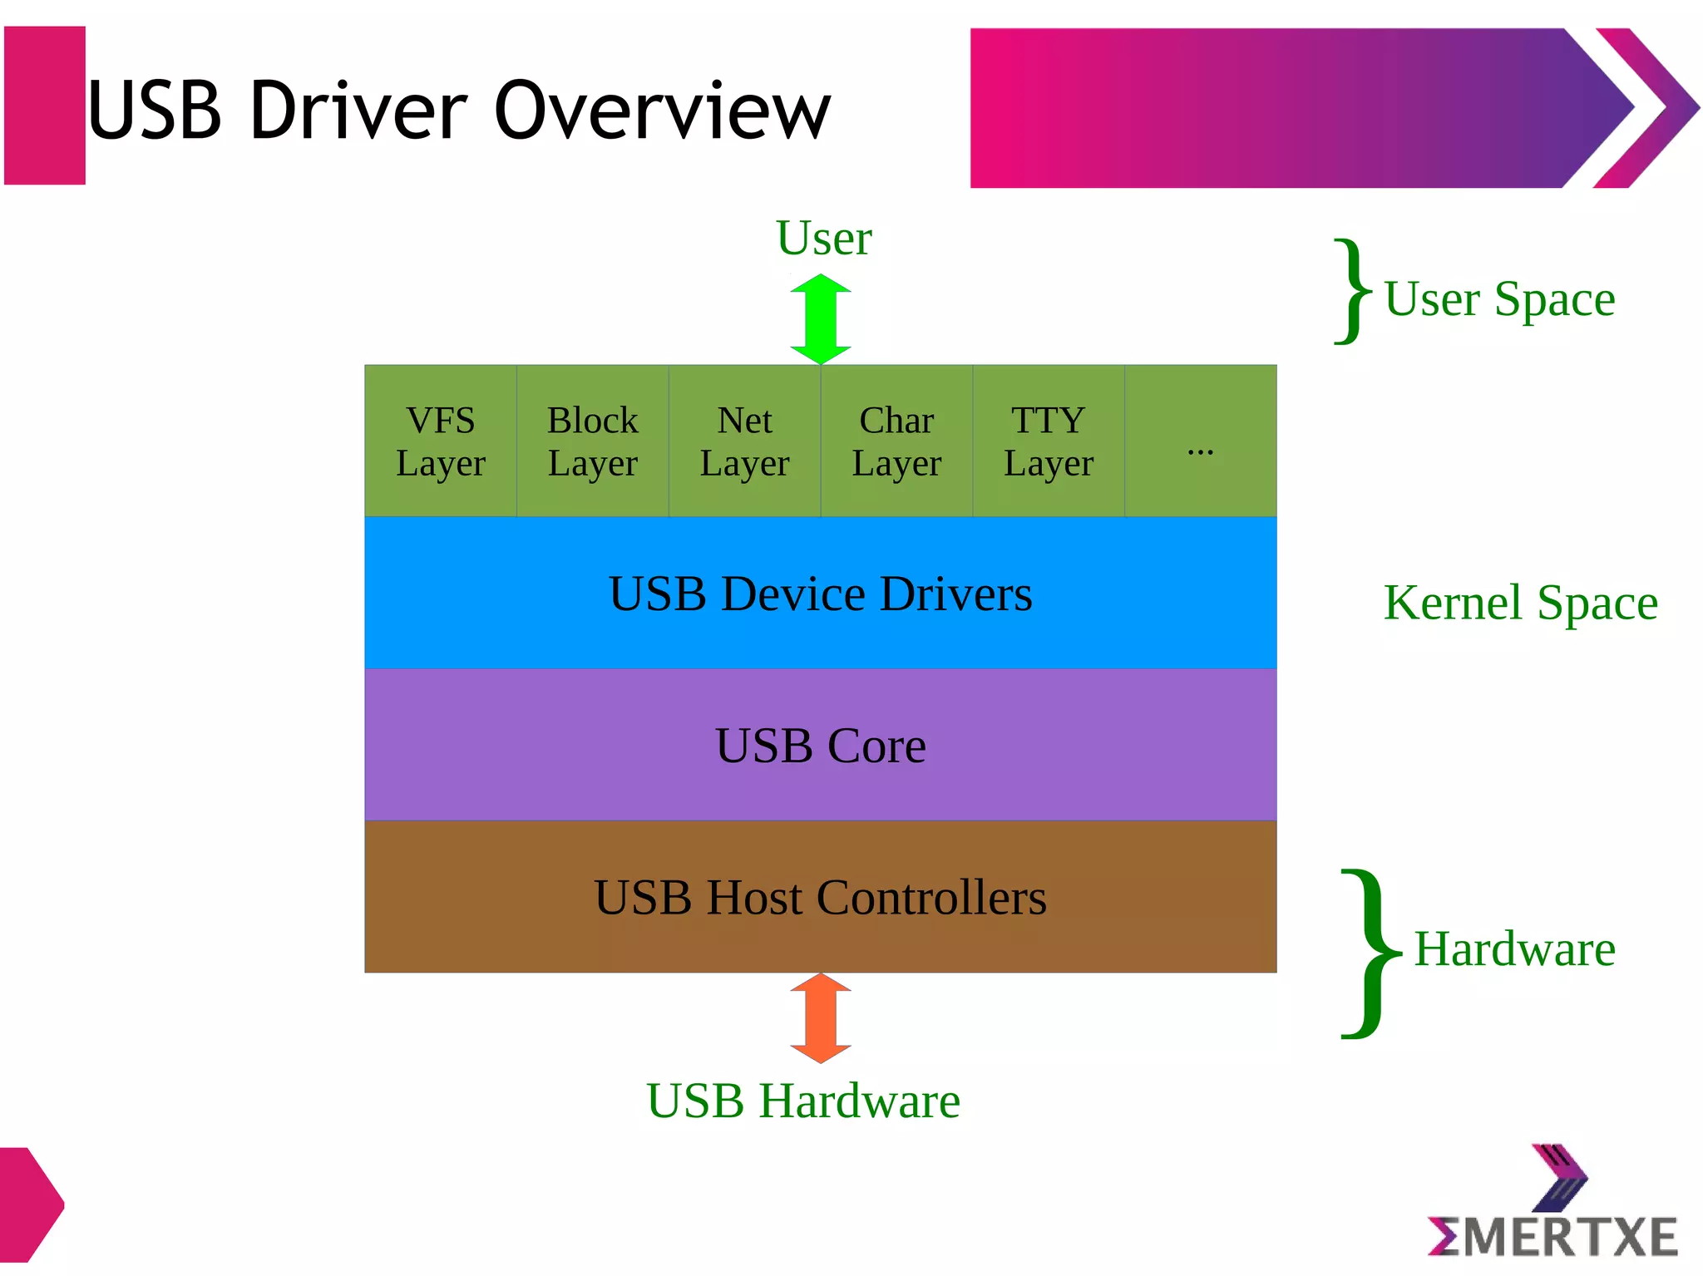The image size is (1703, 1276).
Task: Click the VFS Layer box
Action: pos(441,441)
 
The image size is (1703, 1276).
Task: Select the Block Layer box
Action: pos(593,441)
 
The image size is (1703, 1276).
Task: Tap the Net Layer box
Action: pos(745,441)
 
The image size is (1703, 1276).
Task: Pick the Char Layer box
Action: pos(896,441)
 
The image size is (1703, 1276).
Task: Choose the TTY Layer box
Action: pos(1049,441)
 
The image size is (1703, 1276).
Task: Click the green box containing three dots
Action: pos(1200,441)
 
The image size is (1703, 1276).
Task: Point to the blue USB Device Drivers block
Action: pos(821,594)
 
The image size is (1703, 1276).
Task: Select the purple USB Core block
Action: pos(821,746)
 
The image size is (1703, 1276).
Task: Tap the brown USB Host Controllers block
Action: pos(821,898)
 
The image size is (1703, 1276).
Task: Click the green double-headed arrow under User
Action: pos(821,319)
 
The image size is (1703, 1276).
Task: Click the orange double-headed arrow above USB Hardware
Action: pos(821,1018)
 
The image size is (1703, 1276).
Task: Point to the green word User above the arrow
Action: pos(823,239)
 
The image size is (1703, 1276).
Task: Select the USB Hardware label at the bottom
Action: pos(803,1101)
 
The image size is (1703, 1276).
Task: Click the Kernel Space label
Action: pos(1520,603)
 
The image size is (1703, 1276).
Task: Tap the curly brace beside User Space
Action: pos(1351,291)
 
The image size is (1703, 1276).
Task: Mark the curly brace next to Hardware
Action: pos(1368,953)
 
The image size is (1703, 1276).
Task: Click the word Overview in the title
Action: pos(663,111)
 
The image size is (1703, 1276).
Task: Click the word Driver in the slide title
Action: pos(358,111)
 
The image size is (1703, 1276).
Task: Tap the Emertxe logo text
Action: pos(1553,1237)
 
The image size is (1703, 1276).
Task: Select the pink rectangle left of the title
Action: pos(45,106)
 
